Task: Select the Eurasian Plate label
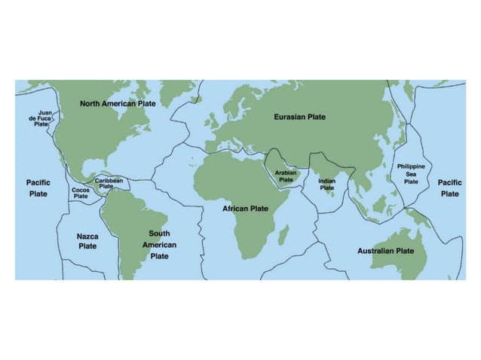click(299, 117)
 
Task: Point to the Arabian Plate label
click(286, 176)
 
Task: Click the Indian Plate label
click(326, 185)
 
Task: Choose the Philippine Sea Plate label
click(411, 173)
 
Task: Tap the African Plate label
click(245, 208)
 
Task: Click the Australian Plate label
click(385, 250)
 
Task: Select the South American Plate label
click(159, 245)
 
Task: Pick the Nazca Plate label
click(87, 240)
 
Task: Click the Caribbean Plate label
click(109, 183)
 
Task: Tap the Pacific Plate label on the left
click(38, 188)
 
